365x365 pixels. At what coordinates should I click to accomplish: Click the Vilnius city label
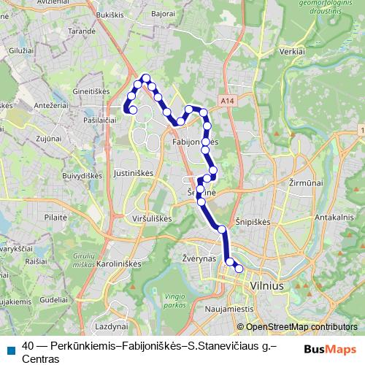(x=266, y=287)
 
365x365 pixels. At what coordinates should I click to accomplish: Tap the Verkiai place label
(x=292, y=53)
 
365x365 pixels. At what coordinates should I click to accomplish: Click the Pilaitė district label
(x=55, y=217)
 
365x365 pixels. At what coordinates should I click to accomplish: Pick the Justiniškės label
(x=133, y=174)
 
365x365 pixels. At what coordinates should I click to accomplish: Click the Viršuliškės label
(x=150, y=218)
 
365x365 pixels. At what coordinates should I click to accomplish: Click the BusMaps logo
(x=331, y=350)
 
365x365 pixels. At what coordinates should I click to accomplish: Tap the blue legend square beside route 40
(x=10, y=350)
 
